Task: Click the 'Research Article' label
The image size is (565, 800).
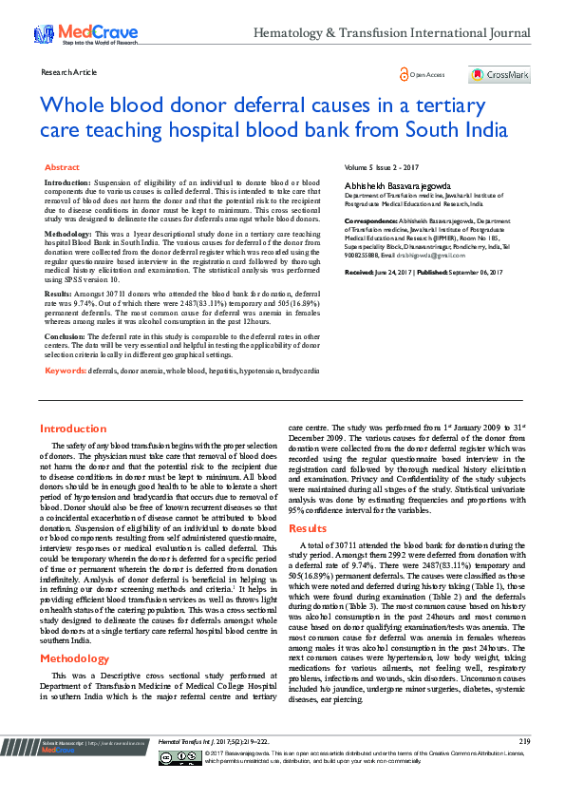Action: click(x=69, y=72)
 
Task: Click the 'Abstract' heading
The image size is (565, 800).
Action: click(x=63, y=166)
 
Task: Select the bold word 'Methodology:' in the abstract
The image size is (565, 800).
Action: click(x=69, y=233)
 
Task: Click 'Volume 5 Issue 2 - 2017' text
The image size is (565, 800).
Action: click(x=382, y=166)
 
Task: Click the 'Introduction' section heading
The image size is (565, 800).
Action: click(x=73, y=429)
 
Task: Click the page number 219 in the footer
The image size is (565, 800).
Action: click(x=524, y=766)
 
